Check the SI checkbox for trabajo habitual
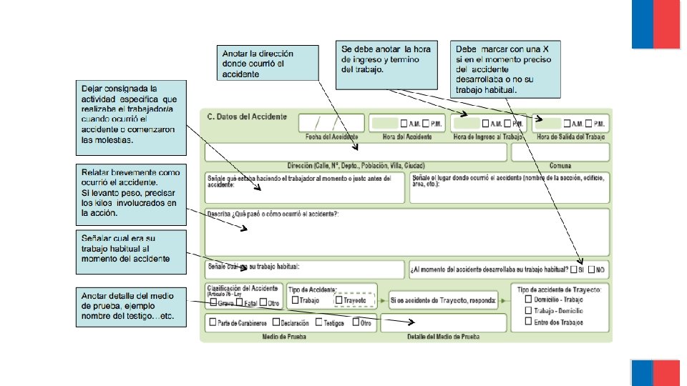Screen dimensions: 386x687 574,270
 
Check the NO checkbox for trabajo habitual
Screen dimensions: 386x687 591,270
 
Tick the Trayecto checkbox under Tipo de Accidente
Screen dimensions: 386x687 338,300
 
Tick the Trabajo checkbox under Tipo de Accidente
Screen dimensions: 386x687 295,300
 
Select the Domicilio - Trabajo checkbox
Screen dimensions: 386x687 528,300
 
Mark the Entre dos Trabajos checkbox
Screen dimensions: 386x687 528,322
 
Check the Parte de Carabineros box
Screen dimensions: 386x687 213,322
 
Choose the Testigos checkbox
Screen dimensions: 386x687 318,322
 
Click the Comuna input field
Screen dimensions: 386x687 560,152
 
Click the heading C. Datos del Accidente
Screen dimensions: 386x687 246,116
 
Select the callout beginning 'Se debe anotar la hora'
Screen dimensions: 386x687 389,64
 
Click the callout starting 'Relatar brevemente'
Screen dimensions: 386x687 130,193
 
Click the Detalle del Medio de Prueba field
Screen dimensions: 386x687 443,322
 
